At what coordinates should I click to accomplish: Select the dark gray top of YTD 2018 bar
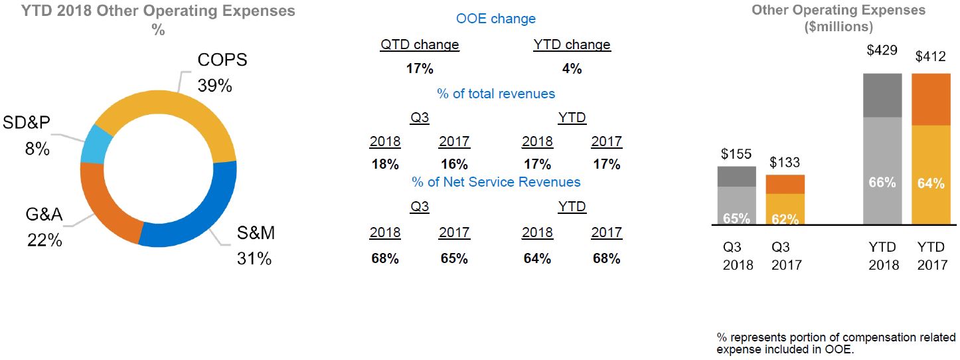tap(882, 95)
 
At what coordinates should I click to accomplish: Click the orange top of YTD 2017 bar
tap(930, 99)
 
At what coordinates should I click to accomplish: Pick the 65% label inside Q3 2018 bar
tap(736, 218)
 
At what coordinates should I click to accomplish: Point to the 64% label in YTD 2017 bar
tap(930, 183)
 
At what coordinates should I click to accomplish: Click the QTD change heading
tap(419, 45)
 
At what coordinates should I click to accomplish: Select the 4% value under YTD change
tap(571, 68)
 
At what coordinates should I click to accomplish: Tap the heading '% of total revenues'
tap(495, 94)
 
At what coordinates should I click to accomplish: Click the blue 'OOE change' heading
tap(495, 19)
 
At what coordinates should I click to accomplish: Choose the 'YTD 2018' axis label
tap(882, 256)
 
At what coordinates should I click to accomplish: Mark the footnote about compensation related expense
tap(836, 343)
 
